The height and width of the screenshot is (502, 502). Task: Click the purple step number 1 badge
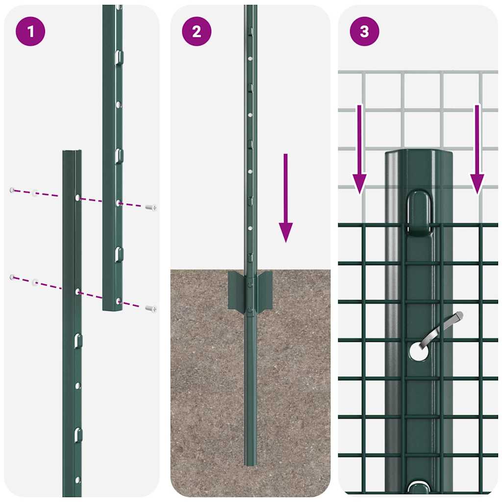[31, 32]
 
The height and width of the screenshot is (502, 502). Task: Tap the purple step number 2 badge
[197, 32]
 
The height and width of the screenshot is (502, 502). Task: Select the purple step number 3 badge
[364, 32]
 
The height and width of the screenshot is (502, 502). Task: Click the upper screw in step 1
[151, 207]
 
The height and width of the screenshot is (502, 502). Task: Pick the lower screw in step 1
[151, 308]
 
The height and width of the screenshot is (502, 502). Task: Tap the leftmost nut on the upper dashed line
[12, 190]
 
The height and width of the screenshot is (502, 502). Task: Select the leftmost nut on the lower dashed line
[12, 277]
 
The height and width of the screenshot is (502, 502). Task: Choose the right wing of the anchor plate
[265, 291]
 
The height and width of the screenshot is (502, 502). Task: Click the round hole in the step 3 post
[418, 351]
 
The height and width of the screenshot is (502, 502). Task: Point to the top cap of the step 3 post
[418, 154]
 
